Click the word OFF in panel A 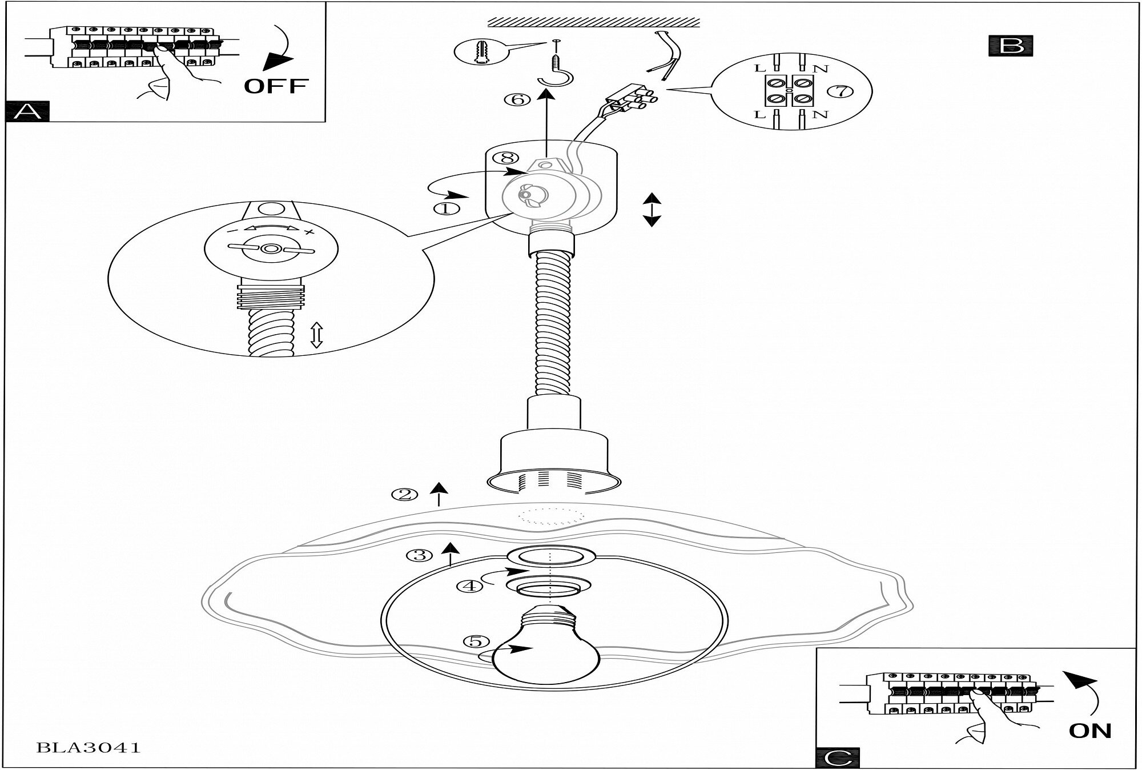276,86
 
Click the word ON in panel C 1089,731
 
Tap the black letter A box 27,111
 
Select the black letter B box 1011,46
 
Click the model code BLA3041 89,747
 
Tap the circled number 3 419,555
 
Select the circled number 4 471,586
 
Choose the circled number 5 476,641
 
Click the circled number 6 517,99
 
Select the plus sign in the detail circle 309,231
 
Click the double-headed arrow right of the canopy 652,210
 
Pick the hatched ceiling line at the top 594,22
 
